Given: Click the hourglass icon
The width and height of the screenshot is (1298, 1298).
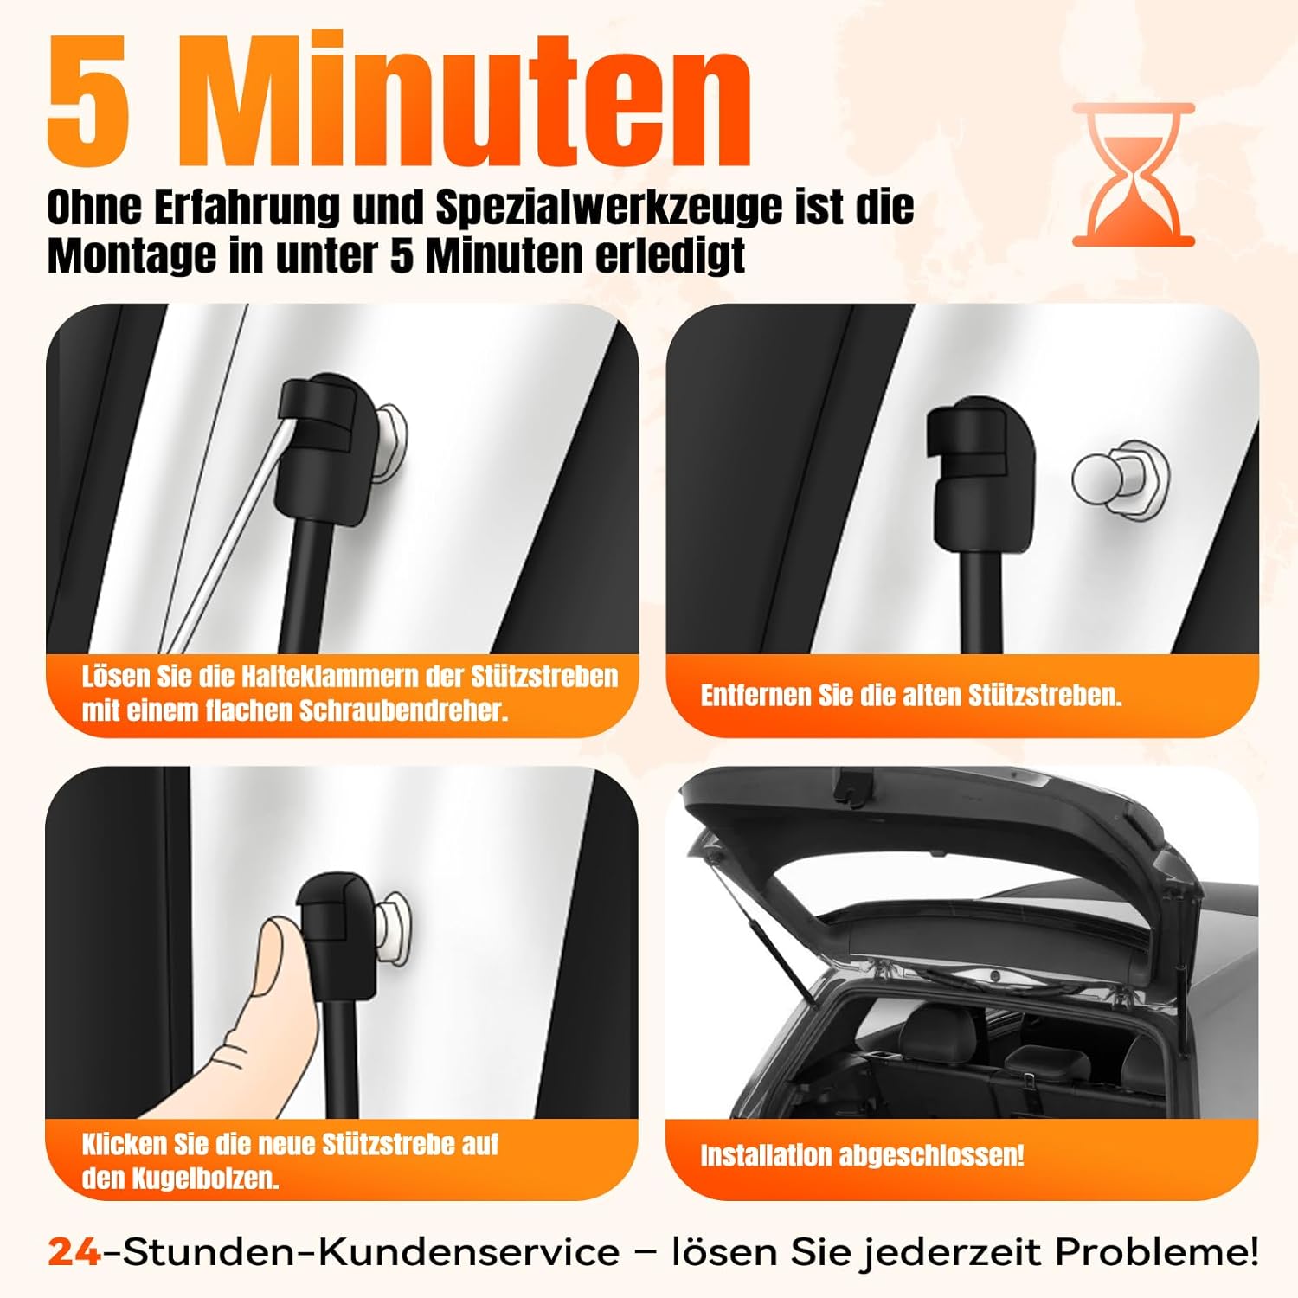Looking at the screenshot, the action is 1134,175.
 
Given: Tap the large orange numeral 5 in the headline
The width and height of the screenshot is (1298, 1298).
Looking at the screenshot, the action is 90,102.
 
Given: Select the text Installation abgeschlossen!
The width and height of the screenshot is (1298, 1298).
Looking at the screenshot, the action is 862,1155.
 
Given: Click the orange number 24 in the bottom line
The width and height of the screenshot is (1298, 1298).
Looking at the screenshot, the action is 74,1252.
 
